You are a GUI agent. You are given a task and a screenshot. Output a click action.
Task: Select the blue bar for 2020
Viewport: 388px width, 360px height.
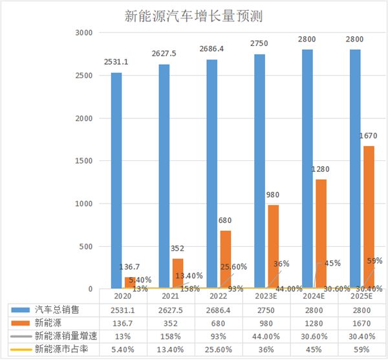116,181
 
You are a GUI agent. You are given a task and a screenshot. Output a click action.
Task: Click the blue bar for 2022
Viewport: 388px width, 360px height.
211,175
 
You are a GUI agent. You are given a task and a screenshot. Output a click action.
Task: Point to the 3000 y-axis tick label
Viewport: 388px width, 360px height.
85,33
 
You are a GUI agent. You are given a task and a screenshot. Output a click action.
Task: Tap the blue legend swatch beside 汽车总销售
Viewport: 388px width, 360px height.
22,310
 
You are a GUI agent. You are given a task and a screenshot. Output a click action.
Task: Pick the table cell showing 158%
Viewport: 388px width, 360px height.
171,336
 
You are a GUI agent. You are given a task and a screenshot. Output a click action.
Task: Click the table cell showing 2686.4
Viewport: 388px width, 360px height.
219,310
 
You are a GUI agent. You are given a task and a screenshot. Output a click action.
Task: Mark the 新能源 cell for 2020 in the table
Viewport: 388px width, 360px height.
123,323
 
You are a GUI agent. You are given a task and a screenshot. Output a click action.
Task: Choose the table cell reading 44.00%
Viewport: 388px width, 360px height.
266,336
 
